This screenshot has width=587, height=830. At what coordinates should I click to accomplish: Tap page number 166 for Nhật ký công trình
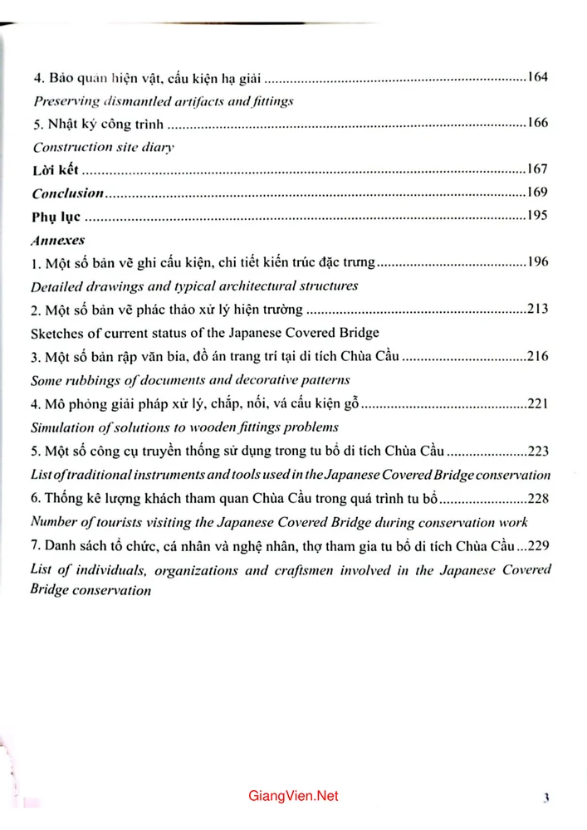537,124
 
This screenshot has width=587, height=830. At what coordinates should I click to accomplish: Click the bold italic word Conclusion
67,193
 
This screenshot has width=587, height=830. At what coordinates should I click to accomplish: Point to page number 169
537,193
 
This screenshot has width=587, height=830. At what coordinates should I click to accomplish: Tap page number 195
537,217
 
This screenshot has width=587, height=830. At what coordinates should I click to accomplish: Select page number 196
537,263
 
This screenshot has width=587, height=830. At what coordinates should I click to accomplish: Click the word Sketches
56,334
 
